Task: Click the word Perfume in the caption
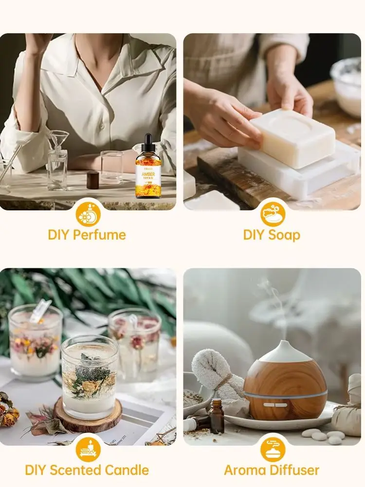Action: [101, 235]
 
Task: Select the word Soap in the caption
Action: [285, 235]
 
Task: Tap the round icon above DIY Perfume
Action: [88, 214]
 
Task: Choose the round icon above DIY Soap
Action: [273, 214]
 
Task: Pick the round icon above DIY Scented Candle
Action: [88, 449]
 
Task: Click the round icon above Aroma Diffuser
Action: [273, 449]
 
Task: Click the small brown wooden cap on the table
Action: [93, 180]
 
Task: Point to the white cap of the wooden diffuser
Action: [285, 352]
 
